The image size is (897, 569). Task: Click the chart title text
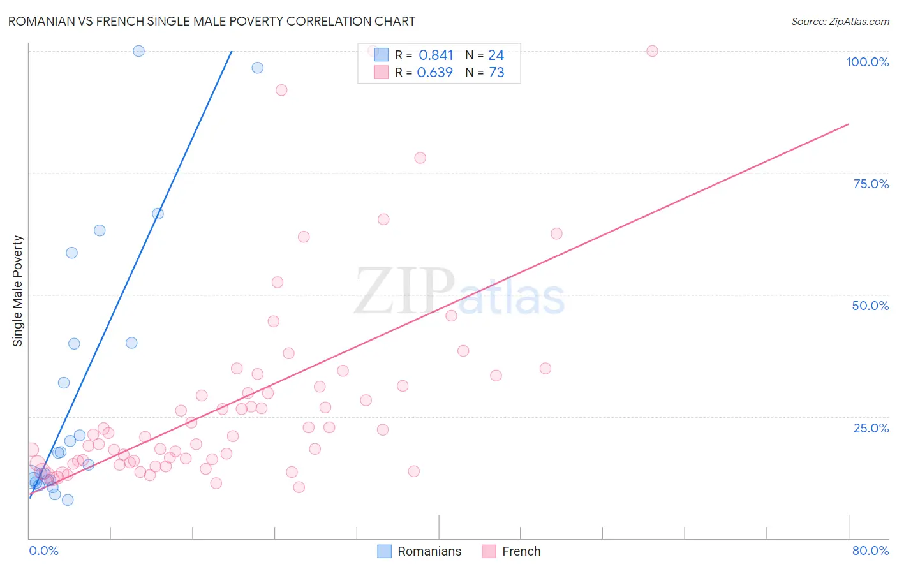click(211, 21)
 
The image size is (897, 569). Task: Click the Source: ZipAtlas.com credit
click(840, 21)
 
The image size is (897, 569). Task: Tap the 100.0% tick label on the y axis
click(867, 62)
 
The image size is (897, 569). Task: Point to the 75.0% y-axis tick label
click(870, 184)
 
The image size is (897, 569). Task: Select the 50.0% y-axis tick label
click(870, 306)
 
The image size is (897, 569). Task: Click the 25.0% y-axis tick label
click(870, 428)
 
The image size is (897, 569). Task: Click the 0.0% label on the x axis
click(43, 551)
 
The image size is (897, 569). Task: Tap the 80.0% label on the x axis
click(870, 551)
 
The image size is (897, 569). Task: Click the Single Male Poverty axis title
click(18, 291)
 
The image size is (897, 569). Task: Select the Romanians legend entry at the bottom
click(419, 551)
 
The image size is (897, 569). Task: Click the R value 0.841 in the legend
click(436, 55)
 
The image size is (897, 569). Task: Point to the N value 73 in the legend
click(496, 73)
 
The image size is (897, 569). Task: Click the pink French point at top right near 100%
click(652, 51)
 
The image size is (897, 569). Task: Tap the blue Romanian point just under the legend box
click(257, 68)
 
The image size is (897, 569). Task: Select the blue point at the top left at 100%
click(138, 51)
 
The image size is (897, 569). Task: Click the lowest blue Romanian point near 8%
click(68, 500)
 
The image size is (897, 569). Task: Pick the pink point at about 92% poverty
click(281, 90)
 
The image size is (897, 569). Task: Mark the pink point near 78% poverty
click(420, 158)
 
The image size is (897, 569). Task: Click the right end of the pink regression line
click(848, 124)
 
